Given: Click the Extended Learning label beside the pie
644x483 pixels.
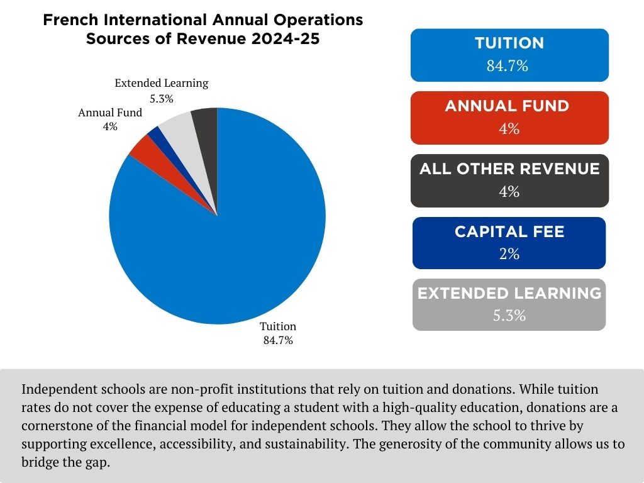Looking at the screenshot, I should click(x=161, y=83).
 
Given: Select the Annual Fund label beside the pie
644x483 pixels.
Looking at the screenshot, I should click(x=110, y=113).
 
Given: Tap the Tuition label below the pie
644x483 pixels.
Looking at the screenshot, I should click(x=278, y=326).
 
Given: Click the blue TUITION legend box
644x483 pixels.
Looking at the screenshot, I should click(x=509, y=55).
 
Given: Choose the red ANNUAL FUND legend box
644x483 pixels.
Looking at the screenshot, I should click(x=509, y=118).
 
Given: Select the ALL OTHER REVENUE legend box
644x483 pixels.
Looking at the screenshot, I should click(x=509, y=180).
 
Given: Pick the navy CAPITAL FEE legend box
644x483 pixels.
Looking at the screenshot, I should click(x=509, y=243).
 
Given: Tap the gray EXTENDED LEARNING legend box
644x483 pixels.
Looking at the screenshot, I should click(x=509, y=304).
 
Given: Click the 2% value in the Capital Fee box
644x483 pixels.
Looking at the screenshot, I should click(x=509, y=253).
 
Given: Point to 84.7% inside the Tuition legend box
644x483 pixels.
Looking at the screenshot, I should click(x=507, y=65).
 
